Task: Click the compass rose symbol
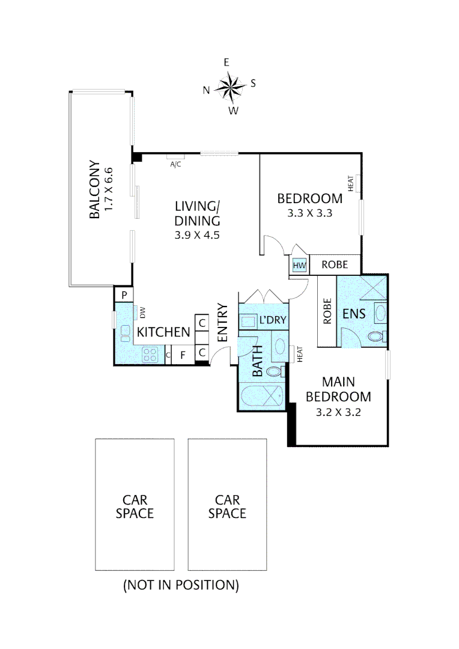(228, 87)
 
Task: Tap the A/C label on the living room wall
(175, 163)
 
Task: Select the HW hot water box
(299, 265)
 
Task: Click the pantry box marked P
(123, 294)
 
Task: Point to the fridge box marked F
(183, 355)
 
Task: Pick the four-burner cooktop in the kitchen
(150, 355)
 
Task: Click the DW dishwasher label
(143, 312)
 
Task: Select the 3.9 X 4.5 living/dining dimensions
(197, 236)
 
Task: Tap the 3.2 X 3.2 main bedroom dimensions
(338, 412)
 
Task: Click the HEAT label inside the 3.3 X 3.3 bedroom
(351, 183)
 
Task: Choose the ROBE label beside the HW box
(334, 264)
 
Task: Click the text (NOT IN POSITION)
(181, 584)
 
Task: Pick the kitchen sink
(124, 332)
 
